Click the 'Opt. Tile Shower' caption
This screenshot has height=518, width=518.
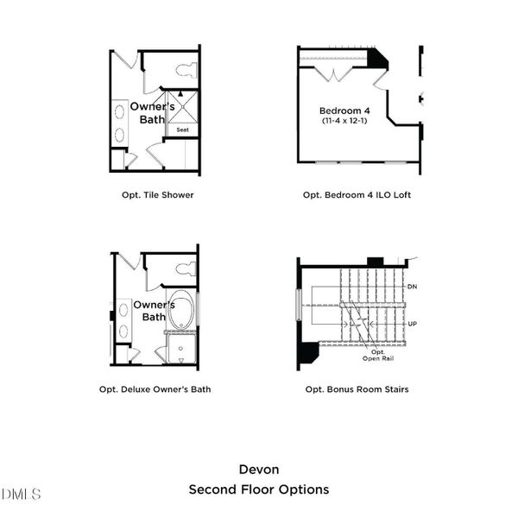tap(157, 195)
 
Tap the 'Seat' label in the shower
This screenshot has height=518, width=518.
tap(182, 130)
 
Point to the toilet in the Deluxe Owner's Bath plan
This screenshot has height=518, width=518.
tap(186, 268)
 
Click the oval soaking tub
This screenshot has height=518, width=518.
tap(181, 311)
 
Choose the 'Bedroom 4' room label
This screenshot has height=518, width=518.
tap(344, 111)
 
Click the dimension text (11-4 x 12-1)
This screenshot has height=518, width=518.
tap(344, 122)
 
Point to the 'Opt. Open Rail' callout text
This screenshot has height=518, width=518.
tap(377, 356)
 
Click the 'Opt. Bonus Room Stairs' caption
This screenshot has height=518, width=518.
tap(357, 389)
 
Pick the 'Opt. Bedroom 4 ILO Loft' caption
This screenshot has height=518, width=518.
tap(357, 195)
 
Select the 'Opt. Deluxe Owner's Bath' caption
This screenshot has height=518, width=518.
tap(155, 389)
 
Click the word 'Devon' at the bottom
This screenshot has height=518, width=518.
tap(258, 470)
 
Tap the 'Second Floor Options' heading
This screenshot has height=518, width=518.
tap(258, 490)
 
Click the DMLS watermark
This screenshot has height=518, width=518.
tap(22, 495)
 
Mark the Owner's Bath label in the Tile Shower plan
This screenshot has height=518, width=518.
tap(147, 112)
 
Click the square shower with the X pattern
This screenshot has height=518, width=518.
tap(182, 108)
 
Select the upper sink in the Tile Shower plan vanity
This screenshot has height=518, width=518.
tap(119, 111)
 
